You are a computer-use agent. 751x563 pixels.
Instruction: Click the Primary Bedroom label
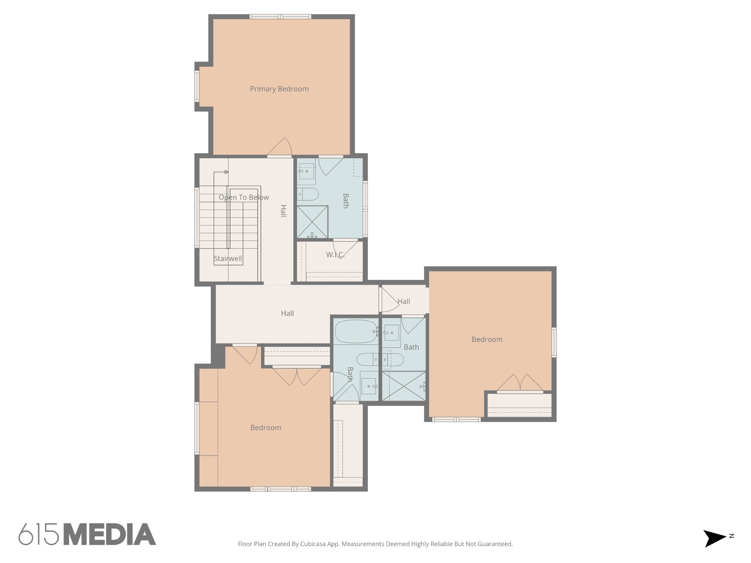279,89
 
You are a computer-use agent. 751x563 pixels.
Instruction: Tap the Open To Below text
244,198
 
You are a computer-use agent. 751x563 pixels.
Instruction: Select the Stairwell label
228,259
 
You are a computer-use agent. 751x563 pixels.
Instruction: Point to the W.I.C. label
335,255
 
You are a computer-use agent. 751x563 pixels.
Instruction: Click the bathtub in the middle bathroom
356,331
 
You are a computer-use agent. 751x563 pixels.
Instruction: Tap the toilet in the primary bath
308,194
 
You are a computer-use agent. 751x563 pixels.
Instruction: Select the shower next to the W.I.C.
312,222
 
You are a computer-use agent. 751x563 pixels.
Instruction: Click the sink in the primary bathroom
307,171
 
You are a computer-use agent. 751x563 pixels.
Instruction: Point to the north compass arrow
714,538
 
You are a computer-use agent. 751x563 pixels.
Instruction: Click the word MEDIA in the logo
110,534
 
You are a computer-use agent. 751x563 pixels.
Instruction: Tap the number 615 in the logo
39,534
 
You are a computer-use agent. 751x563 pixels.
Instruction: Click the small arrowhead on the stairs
226,172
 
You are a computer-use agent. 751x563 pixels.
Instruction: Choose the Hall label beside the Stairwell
283,211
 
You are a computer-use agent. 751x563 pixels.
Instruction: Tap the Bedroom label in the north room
487,339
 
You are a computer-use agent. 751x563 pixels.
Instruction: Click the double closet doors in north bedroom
520,383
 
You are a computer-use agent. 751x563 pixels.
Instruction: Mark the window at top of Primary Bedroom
281,16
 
